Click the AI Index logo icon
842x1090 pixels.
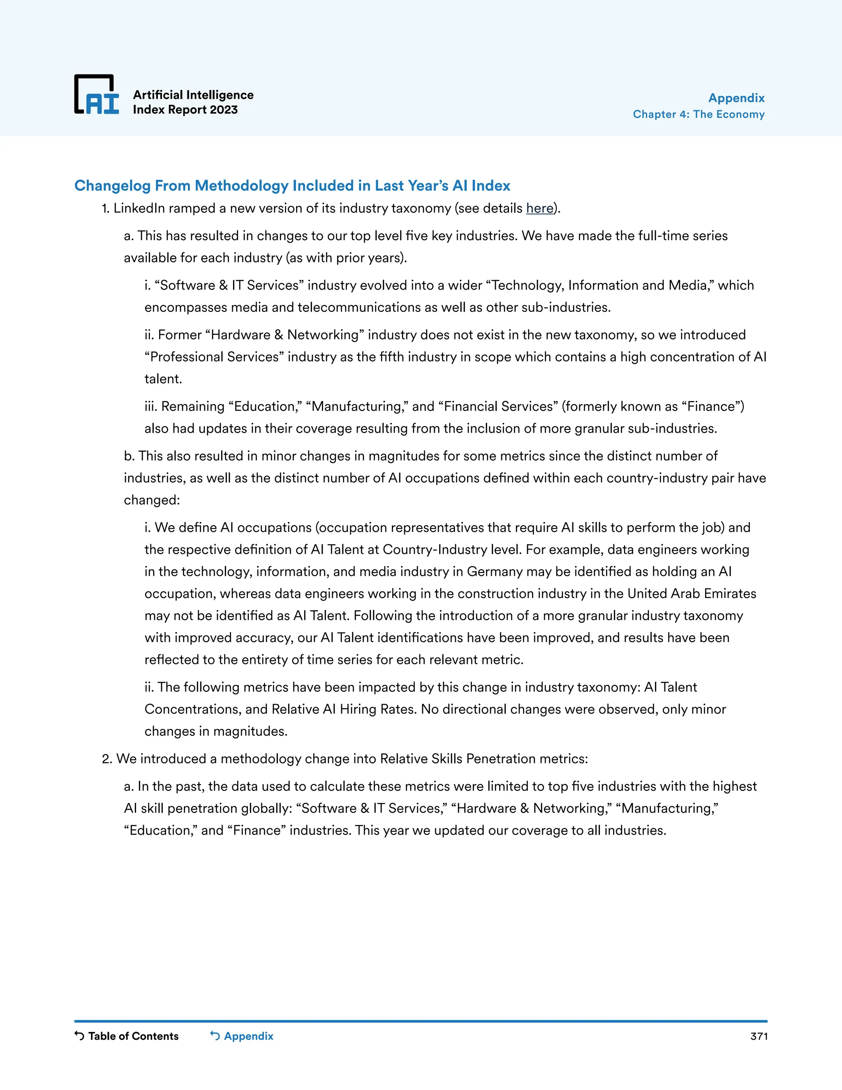pos(97,95)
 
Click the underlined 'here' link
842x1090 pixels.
pos(540,208)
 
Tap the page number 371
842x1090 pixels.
pos(758,1036)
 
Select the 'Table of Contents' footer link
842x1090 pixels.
pos(133,1036)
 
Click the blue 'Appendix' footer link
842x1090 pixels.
pos(248,1036)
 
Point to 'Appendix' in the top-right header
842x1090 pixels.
pos(736,98)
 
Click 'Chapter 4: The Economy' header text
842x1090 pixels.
pos(699,114)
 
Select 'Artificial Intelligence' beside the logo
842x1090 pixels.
pos(193,95)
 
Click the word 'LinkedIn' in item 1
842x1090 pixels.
pos(139,208)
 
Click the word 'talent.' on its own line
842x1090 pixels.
pos(163,379)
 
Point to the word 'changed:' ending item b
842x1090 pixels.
pos(152,500)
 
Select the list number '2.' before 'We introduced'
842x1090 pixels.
pos(106,759)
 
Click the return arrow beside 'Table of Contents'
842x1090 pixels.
pos(79,1036)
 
